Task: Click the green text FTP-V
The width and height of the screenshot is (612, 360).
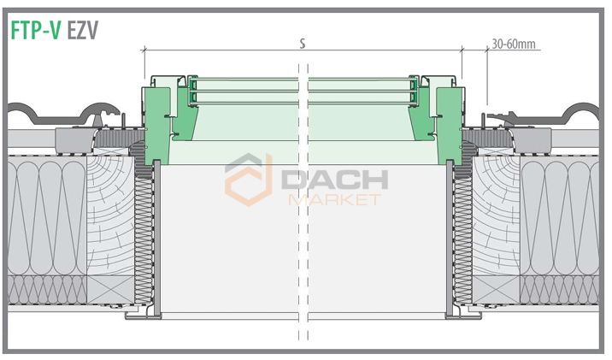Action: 35,30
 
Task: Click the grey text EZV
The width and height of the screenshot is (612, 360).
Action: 82,30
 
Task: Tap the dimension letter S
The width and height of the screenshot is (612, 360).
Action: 303,44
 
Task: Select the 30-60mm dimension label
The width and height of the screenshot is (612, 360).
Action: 513,44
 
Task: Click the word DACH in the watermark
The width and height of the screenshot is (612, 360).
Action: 334,180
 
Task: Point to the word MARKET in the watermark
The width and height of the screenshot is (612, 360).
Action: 334,200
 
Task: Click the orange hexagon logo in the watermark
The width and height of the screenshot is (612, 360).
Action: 249,180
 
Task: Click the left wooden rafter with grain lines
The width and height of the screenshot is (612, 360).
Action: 110,215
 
